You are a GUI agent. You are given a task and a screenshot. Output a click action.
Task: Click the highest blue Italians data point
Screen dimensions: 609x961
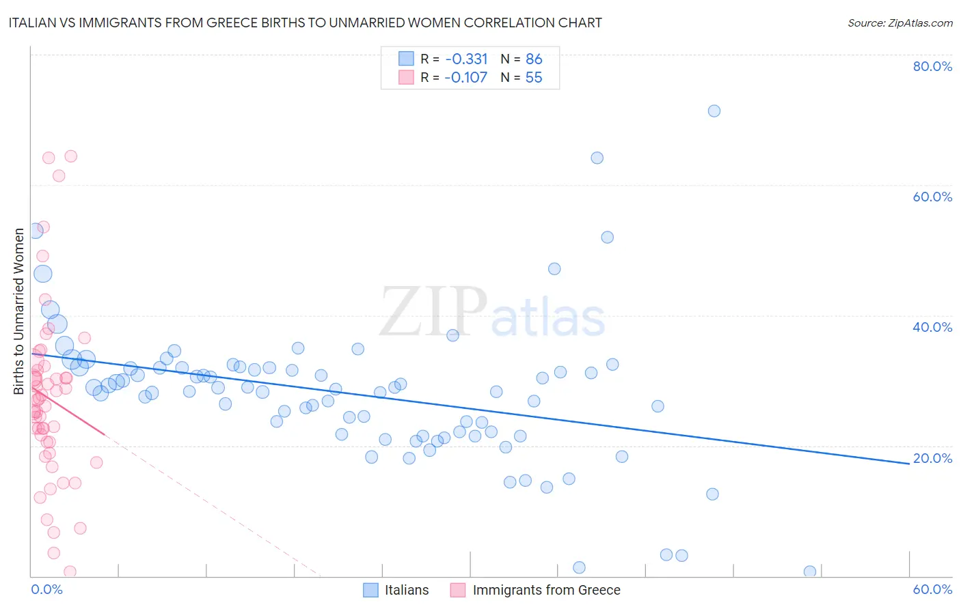coord(714,111)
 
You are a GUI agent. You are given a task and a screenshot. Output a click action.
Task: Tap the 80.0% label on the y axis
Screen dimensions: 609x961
coord(932,66)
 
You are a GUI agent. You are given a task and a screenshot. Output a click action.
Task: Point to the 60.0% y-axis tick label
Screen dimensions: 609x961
coord(932,197)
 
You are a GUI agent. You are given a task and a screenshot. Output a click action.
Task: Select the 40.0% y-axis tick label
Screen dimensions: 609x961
coord(932,327)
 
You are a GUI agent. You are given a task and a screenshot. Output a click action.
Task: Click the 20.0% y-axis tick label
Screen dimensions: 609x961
coord(932,458)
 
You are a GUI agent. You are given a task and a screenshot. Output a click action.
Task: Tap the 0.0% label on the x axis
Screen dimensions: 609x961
coord(46,589)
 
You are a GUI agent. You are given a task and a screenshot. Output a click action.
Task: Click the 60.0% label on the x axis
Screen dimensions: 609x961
coord(932,589)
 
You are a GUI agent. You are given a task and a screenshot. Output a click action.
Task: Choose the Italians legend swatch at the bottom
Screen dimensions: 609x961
coord(370,590)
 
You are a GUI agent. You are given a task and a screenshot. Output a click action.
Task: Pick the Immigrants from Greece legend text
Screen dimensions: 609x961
coord(546,590)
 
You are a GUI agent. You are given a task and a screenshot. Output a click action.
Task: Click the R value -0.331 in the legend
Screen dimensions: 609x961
coord(466,59)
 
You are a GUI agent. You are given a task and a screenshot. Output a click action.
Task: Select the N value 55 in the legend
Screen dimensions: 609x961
coord(534,78)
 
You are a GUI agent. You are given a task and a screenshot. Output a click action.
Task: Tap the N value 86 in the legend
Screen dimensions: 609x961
coord(534,59)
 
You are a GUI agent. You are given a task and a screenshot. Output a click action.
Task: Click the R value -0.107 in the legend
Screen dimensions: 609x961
coord(466,78)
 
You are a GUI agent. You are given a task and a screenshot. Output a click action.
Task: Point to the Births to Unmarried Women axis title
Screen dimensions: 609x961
coord(18,311)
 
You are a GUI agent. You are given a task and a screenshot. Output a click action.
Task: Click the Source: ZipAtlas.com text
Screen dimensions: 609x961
coord(899,23)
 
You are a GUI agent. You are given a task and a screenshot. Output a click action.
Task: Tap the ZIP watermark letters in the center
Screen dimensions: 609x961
coord(433,313)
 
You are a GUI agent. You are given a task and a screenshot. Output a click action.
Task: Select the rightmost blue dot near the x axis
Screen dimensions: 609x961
coord(810,571)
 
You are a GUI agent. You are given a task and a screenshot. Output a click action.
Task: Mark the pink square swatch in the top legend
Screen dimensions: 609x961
coord(406,77)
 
